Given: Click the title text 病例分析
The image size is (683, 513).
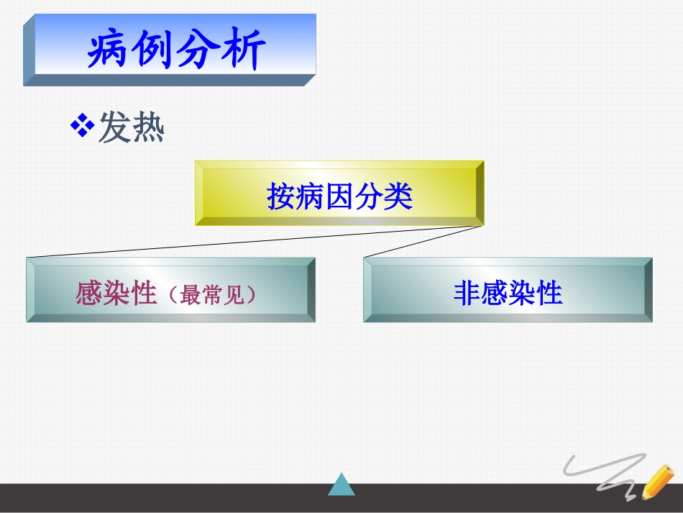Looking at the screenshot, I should coord(176,50).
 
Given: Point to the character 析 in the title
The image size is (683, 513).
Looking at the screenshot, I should coord(243,50).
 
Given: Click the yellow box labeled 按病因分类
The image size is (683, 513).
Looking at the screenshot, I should coord(339,193).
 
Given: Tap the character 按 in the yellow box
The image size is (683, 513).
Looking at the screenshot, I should coord(281,196).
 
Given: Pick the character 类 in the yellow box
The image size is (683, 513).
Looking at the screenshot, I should coord(398,196).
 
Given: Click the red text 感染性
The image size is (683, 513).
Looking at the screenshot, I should coord(116,293).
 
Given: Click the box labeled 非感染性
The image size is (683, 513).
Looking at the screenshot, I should coord(508,290).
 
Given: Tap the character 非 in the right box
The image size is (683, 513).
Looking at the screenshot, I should coord(467,293).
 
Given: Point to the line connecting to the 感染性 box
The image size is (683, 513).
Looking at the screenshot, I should coord(252,242).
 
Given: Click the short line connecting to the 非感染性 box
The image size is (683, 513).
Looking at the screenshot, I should coord(424,241).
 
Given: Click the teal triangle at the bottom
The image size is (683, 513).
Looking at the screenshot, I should coord(341,484).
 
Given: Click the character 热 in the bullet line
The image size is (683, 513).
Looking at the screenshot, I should coord(148,130).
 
